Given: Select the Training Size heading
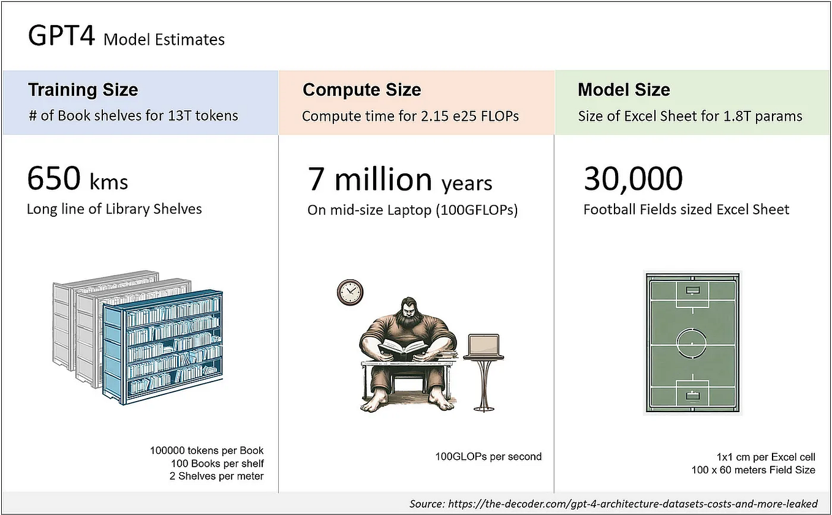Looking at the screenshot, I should (x=83, y=90).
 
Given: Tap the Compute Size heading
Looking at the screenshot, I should (x=361, y=90).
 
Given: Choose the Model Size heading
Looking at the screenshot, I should (x=624, y=90).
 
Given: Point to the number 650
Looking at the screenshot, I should (x=54, y=179).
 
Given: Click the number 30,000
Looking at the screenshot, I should (x=633, y=179).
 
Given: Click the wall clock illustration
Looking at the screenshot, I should (x=350, y=291).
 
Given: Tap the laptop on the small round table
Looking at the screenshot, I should (x=483, y=347).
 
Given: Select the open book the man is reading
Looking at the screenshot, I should (x=403, y=350).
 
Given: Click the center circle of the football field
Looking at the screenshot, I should (x=692, y=339).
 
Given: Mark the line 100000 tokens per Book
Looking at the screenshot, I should (x=206, y=451).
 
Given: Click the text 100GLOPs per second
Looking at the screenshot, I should (x=488, y=456).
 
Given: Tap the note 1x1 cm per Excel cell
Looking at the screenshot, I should (x=766, y=457).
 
